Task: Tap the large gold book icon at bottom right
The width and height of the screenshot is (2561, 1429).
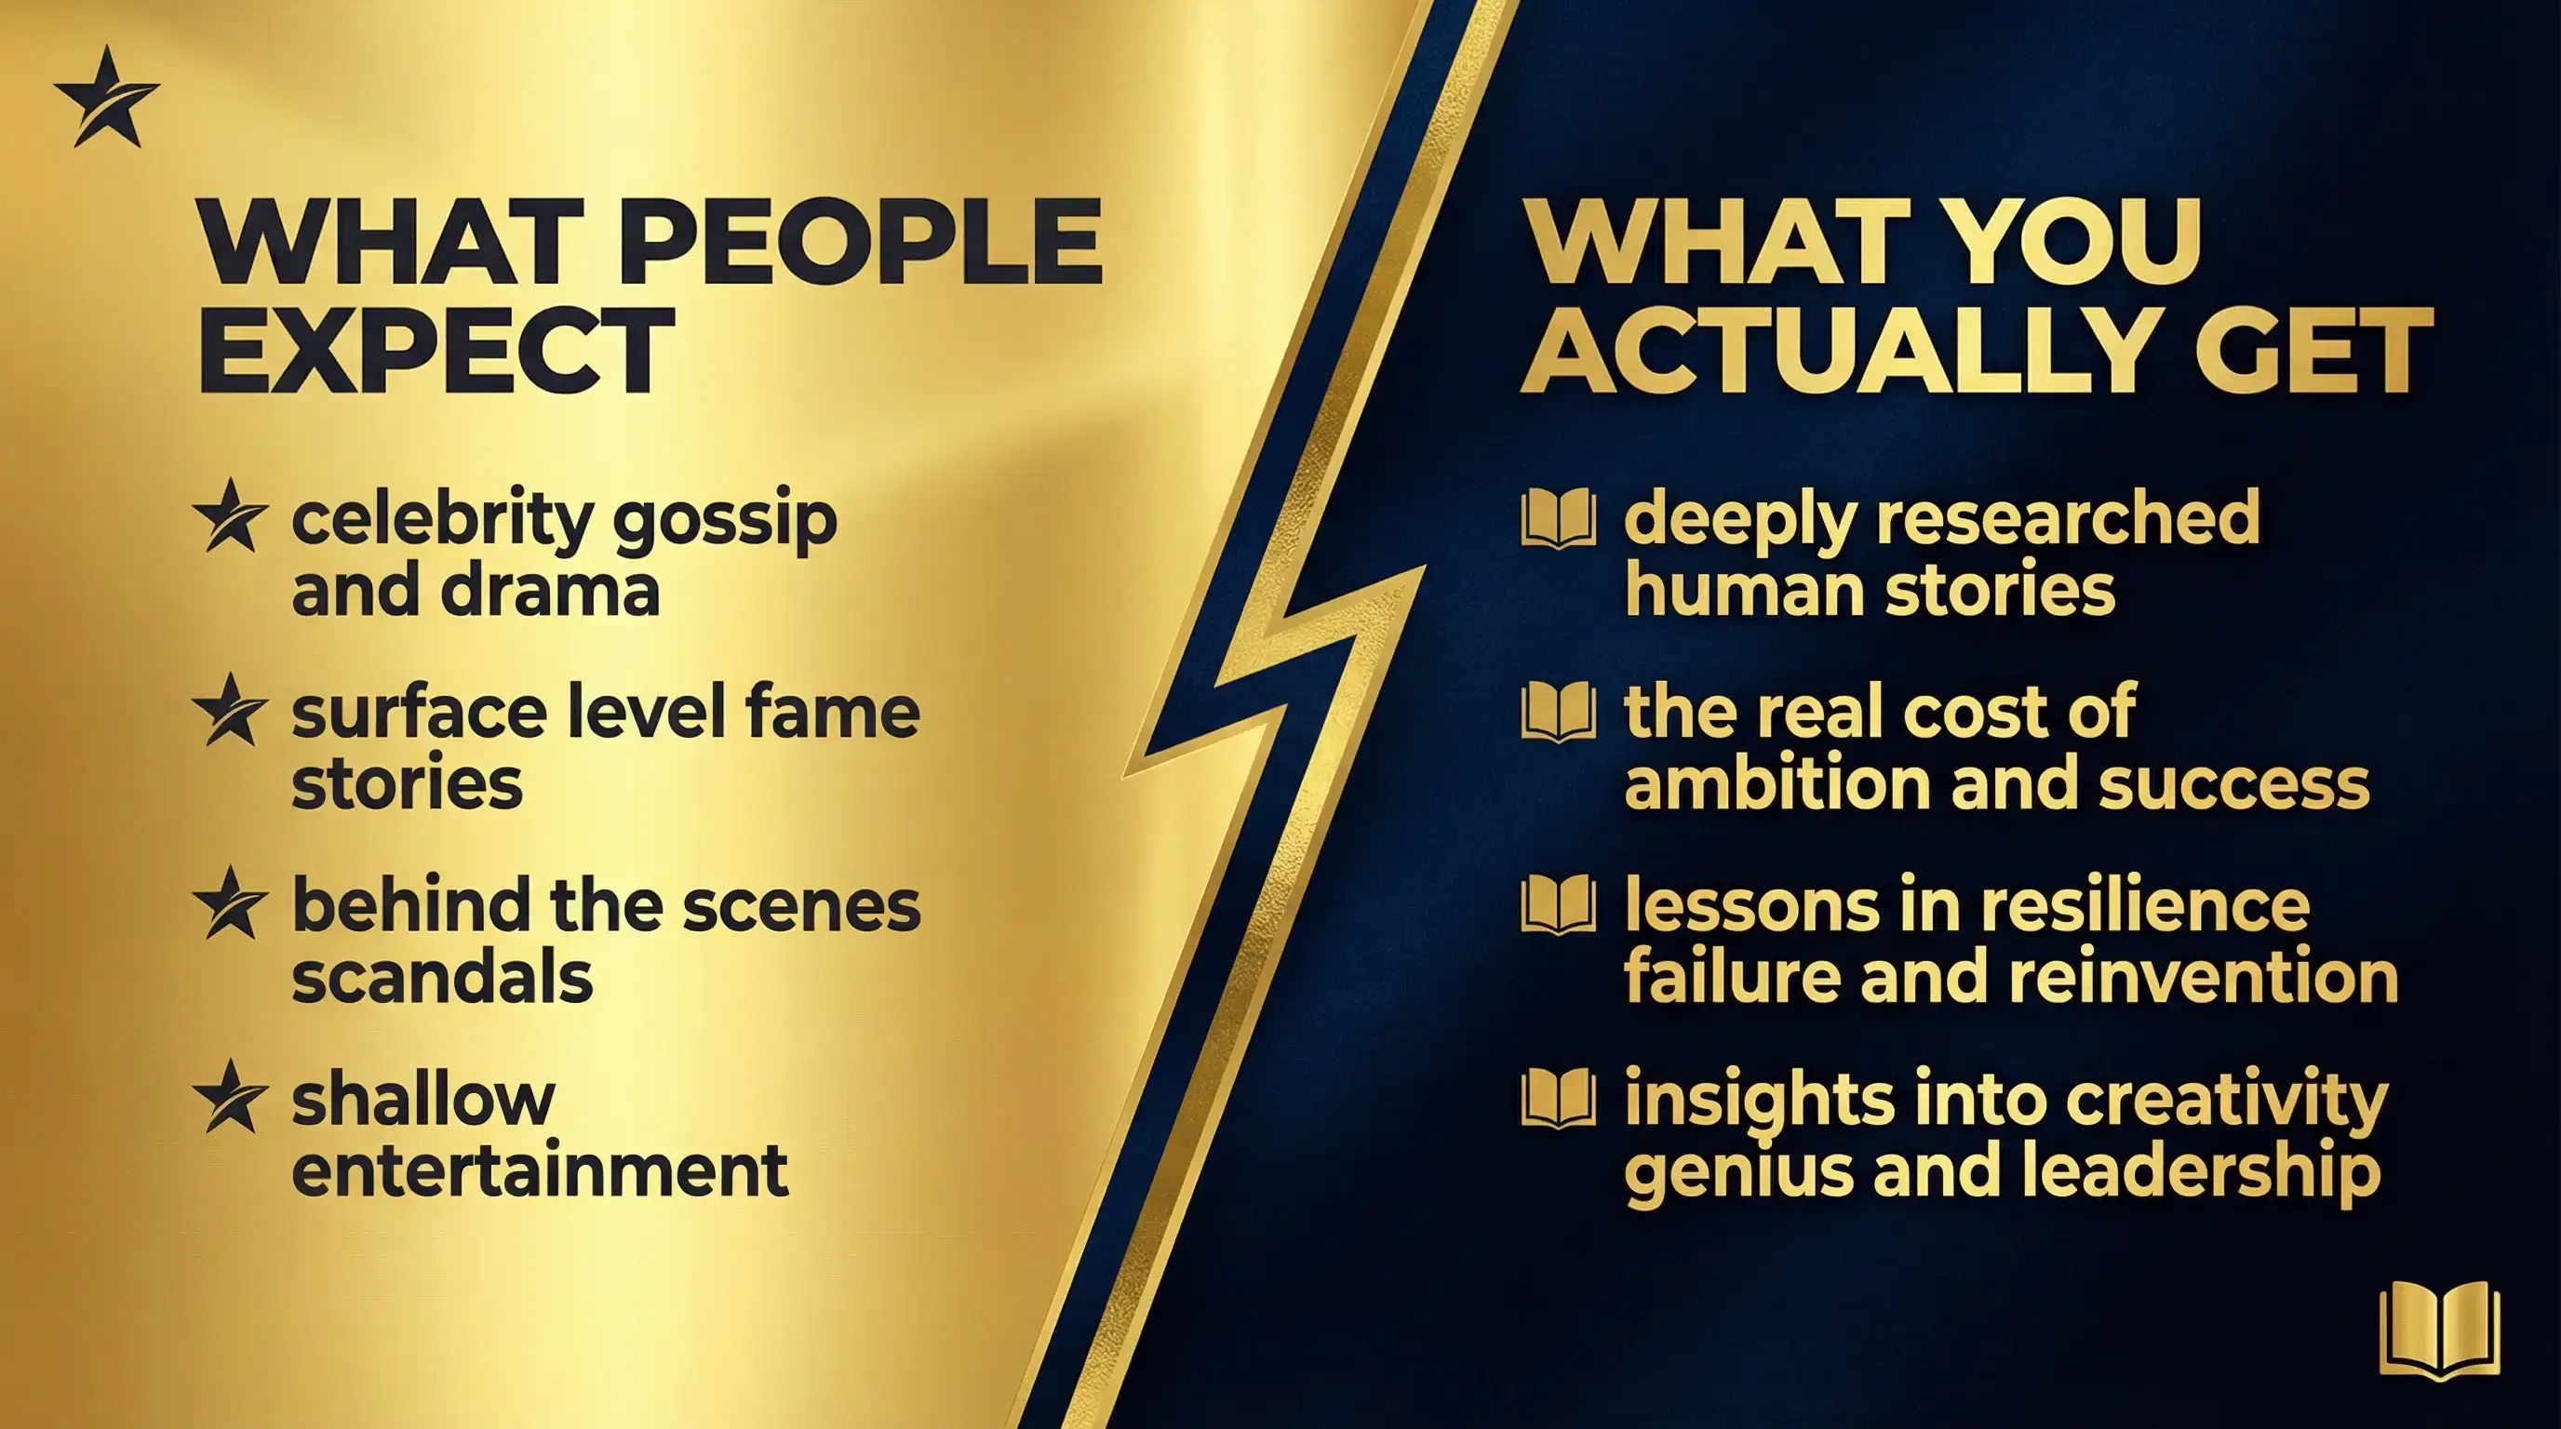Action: [x=2440, y=1330]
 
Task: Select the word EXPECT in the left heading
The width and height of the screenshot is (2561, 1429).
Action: [x=437, y=350]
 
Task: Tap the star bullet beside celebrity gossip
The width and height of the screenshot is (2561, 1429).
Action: [x=231, y=515]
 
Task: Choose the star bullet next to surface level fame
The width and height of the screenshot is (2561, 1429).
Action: [x=231, y=710]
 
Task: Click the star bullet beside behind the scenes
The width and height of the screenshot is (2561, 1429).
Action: [x=231, y=902]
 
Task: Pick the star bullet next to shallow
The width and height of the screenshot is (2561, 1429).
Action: [x=231, y=1096]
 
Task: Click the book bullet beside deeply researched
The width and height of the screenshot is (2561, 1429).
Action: [x=1559, y=518]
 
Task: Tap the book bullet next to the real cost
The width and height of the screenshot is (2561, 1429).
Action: [x=1559, y=712]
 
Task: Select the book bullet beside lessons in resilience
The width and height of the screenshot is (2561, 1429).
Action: [x=1559, y=904]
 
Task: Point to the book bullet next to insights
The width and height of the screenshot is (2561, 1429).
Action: [x=1559, y=1098]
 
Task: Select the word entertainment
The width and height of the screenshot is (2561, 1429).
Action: [x=540, y=1169]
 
